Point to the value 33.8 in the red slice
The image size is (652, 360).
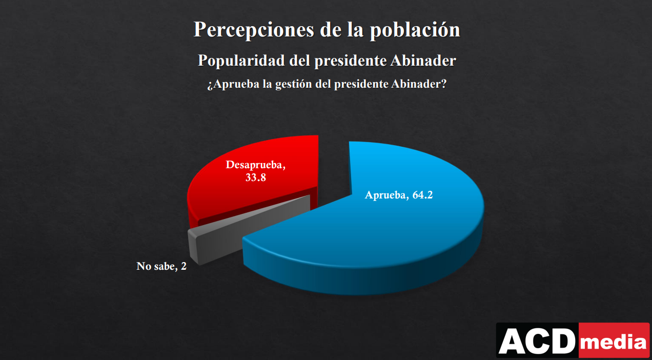click(255, 177)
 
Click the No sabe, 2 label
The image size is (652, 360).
click(161, 266)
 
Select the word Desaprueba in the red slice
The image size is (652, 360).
click(255, 166)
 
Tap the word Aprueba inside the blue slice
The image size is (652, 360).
click(385, 195)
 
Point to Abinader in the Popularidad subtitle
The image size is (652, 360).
click(423, 61)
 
